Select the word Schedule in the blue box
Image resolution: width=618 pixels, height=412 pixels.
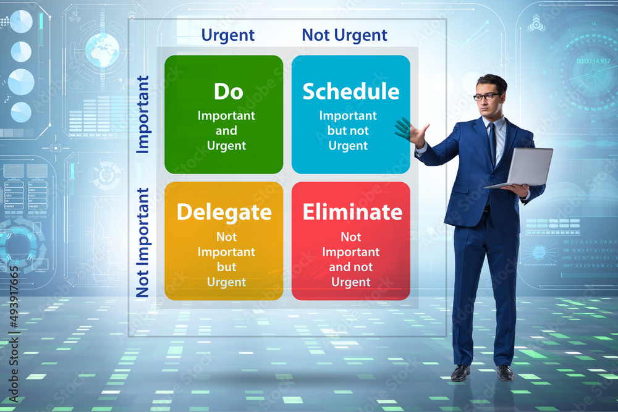coord(350,91)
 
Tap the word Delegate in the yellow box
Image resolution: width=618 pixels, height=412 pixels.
coord(224,212)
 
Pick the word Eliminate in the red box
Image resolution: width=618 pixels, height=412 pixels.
coord(352,212)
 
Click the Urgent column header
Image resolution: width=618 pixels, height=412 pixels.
coord(228,35)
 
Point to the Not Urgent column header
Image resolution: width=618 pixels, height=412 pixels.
coord(344,35)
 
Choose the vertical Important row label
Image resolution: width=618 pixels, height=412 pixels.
coord(143,114)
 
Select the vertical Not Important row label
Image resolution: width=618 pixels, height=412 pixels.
coord(143,242)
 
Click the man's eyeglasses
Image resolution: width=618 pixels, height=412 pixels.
coord(487,96)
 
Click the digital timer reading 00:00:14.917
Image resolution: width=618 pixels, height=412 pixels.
coord(593,61)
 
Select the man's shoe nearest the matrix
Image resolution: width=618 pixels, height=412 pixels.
coord(460,372)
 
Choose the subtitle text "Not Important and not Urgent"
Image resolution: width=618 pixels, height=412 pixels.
coord(350,259)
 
